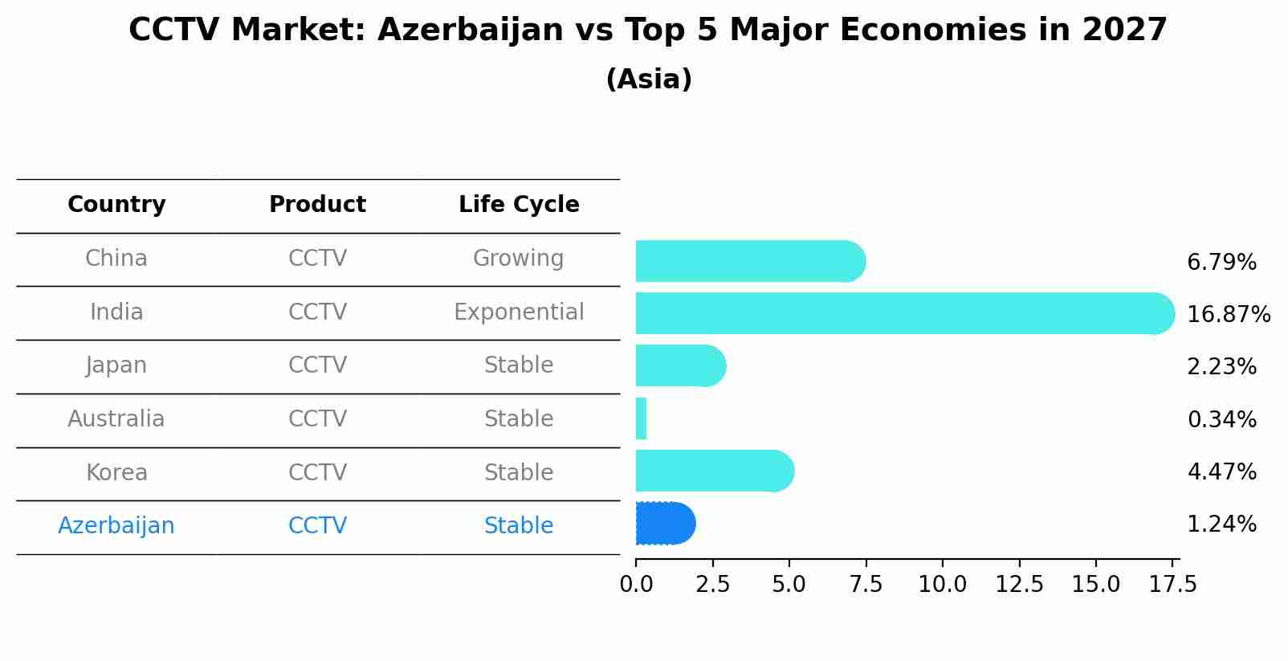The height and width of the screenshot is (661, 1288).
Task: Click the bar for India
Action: (903, 313)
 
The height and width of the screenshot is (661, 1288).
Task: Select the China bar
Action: (749, 261)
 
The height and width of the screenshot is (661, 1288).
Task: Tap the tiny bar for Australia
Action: (641, 418)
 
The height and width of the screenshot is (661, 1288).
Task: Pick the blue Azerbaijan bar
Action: (665, 524)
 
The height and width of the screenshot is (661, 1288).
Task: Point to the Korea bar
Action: (714, 471)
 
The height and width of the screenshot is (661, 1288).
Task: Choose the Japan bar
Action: (680, 365)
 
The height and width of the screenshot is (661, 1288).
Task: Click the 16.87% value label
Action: (1228, 314)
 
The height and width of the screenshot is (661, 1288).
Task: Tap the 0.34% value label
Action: (1221, 419)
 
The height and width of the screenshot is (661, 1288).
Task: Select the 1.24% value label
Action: (1221, 524)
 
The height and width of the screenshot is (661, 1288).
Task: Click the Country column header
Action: (116, 205)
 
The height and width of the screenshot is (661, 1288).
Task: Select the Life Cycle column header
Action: (519, 205)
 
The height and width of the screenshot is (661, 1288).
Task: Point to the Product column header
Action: (317, 205)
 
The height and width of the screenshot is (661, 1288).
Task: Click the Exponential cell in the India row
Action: (519, 312)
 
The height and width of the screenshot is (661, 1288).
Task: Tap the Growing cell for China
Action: (518, 259)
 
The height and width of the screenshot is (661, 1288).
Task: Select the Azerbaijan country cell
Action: (116, 526)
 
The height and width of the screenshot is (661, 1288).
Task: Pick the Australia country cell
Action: (116, 419)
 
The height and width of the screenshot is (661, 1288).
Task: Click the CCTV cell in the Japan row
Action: (317, 365)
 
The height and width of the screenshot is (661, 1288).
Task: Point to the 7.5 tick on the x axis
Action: (866, 584)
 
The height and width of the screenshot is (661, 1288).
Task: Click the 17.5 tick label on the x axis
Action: (1173, 584)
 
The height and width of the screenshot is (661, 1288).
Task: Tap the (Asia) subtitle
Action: (649, 80)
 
